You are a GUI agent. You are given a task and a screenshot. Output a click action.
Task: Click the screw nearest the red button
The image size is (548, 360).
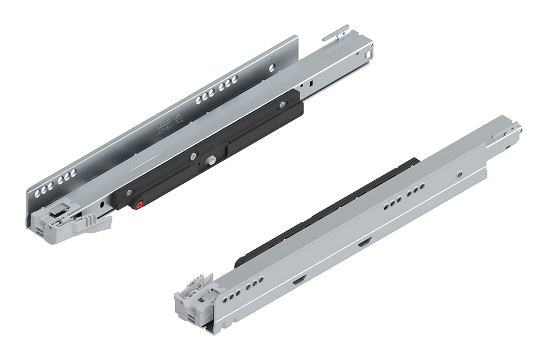pyautogui.click(x=130, y=192)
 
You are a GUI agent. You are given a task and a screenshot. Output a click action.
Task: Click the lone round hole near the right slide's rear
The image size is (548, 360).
pyautogui.click(x=460, y=171)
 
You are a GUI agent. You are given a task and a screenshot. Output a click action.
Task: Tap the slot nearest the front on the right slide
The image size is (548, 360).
pyautogui.click(x=299, y=281)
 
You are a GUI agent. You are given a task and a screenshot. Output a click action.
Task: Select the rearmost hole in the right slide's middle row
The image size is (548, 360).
pyautogui.click(x=422, y=187)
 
